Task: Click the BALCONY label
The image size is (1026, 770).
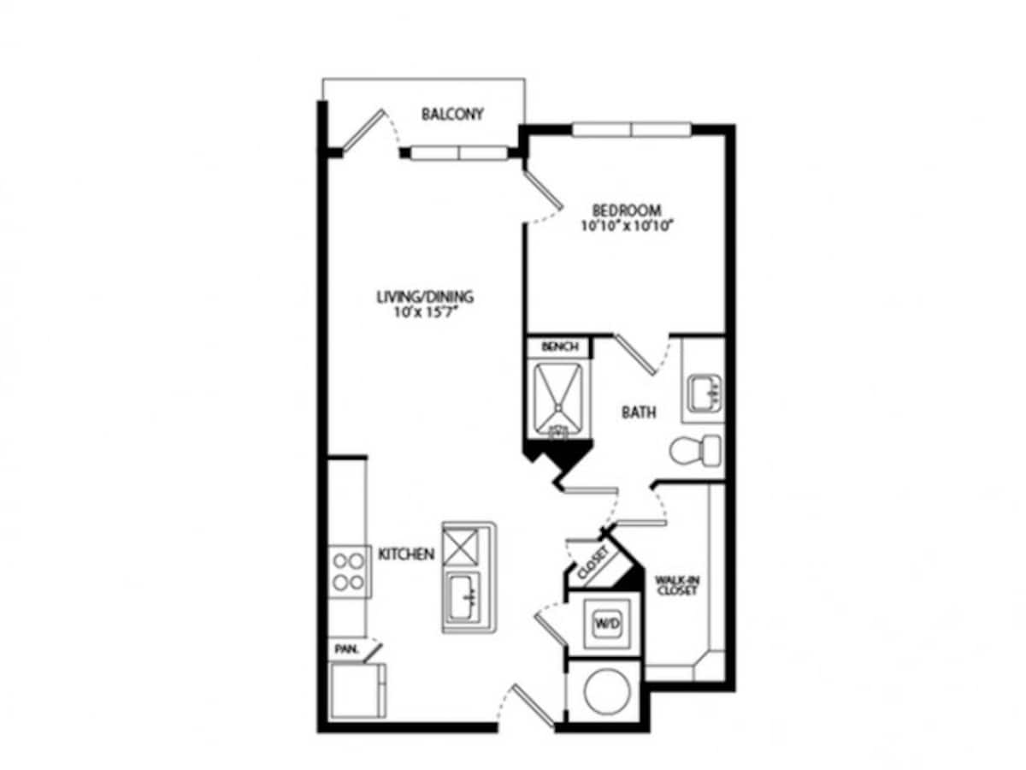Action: coord(452,114)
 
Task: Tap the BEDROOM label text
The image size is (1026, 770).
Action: coord(627,210)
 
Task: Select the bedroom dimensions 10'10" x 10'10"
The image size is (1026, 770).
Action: coord(627,227)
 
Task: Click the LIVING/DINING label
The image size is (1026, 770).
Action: coord(425,298)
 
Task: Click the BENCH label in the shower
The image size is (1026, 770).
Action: coord(560,347)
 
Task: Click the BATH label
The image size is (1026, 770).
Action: coord(639,412)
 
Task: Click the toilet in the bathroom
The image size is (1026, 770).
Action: coord(695,451)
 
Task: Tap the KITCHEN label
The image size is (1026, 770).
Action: coord(406,554)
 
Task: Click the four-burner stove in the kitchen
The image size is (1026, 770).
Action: coord(348,572)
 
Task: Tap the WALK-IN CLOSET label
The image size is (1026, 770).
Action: coord(675,585)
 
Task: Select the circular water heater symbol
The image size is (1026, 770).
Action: coord(604,690)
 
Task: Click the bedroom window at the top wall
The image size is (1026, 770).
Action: coord(631,130)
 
